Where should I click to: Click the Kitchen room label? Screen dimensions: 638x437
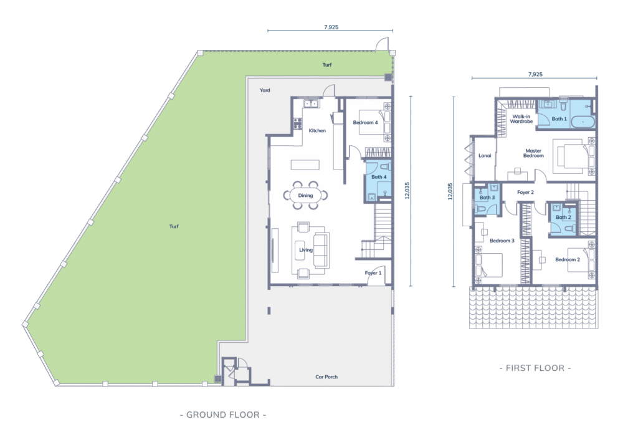[x=317, y=131]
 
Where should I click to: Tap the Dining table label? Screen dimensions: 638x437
[x=305, y=196]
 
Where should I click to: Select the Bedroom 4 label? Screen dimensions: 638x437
[x=365, y=123]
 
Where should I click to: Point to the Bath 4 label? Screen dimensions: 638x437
[x=379, y=177]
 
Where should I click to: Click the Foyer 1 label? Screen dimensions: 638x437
[x=373, y=273]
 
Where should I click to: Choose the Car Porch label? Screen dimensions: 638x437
[x=326, y=377]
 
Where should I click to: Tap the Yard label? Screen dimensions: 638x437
[x=265, y=90]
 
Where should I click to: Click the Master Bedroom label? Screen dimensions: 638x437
[x=533, y=153]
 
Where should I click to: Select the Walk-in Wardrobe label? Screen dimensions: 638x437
[x=521, y=119]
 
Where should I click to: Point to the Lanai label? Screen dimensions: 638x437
[x=485, y=156]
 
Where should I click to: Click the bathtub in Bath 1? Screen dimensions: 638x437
[x=583, y=122]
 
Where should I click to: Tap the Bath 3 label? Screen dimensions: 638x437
[x=487, y=198]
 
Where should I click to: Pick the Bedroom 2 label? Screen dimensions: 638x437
[x=568, y=259]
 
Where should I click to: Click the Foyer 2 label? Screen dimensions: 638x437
[x=525, y=192]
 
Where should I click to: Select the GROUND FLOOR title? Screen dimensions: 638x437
[x=223, y=415]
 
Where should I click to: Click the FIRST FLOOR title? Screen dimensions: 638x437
[x=535, y=368]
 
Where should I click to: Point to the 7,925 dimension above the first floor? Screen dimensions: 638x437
[x=535, y=74]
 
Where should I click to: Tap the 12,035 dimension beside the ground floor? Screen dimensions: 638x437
[x=407, y=191]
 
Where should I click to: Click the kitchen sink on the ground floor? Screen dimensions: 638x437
[x=312, y=103]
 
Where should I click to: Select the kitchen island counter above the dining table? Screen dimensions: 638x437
[x=305, y=165]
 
